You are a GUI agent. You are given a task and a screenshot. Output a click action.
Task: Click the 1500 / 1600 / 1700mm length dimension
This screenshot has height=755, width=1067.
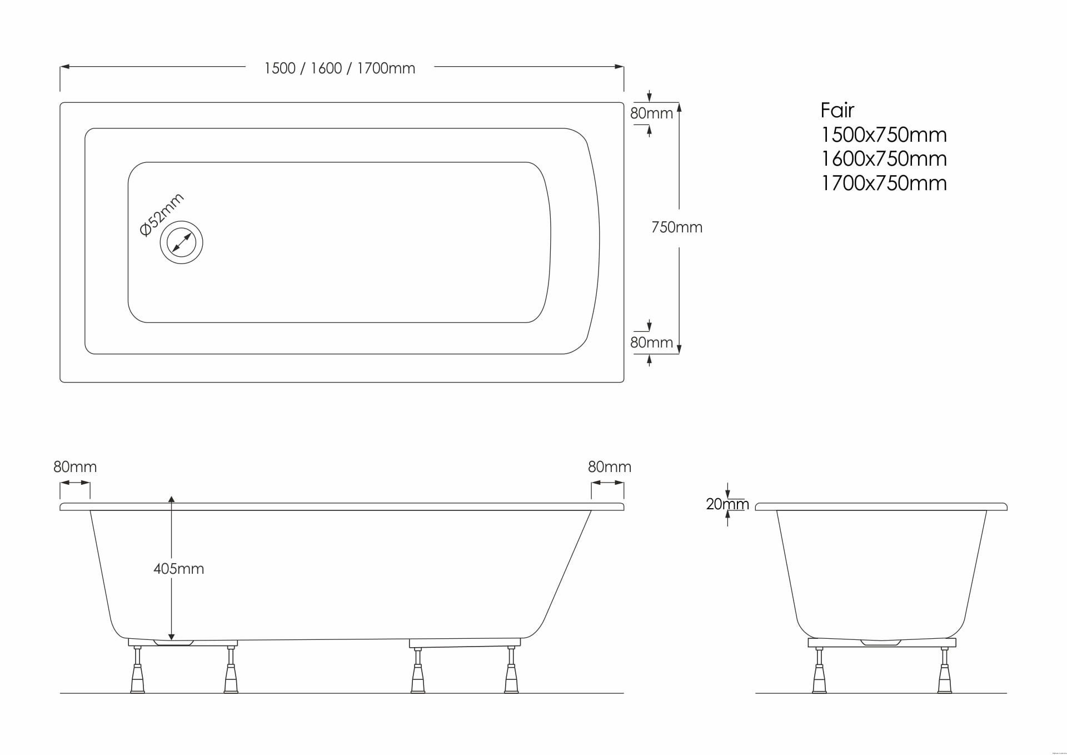coord(340,68)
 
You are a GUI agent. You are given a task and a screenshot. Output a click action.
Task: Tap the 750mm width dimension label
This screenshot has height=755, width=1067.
coord(677,227)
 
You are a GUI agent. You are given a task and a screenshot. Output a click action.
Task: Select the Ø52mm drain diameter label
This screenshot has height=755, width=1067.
coord(161,215)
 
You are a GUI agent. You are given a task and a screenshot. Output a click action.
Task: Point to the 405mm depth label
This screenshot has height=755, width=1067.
coord(179,569)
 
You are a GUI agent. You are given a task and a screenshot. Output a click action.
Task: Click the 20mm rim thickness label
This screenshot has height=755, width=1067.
coord(727,504)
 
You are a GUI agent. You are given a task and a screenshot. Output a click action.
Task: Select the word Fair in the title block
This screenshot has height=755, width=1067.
coord(837,110)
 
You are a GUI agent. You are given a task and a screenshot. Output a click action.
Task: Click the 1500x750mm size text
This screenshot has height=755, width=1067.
coord(884,135)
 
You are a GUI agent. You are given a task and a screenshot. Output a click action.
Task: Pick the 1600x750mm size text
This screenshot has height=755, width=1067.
coord(884,159)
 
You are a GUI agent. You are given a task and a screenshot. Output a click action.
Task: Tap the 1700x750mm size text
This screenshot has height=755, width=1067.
coord(884,183)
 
